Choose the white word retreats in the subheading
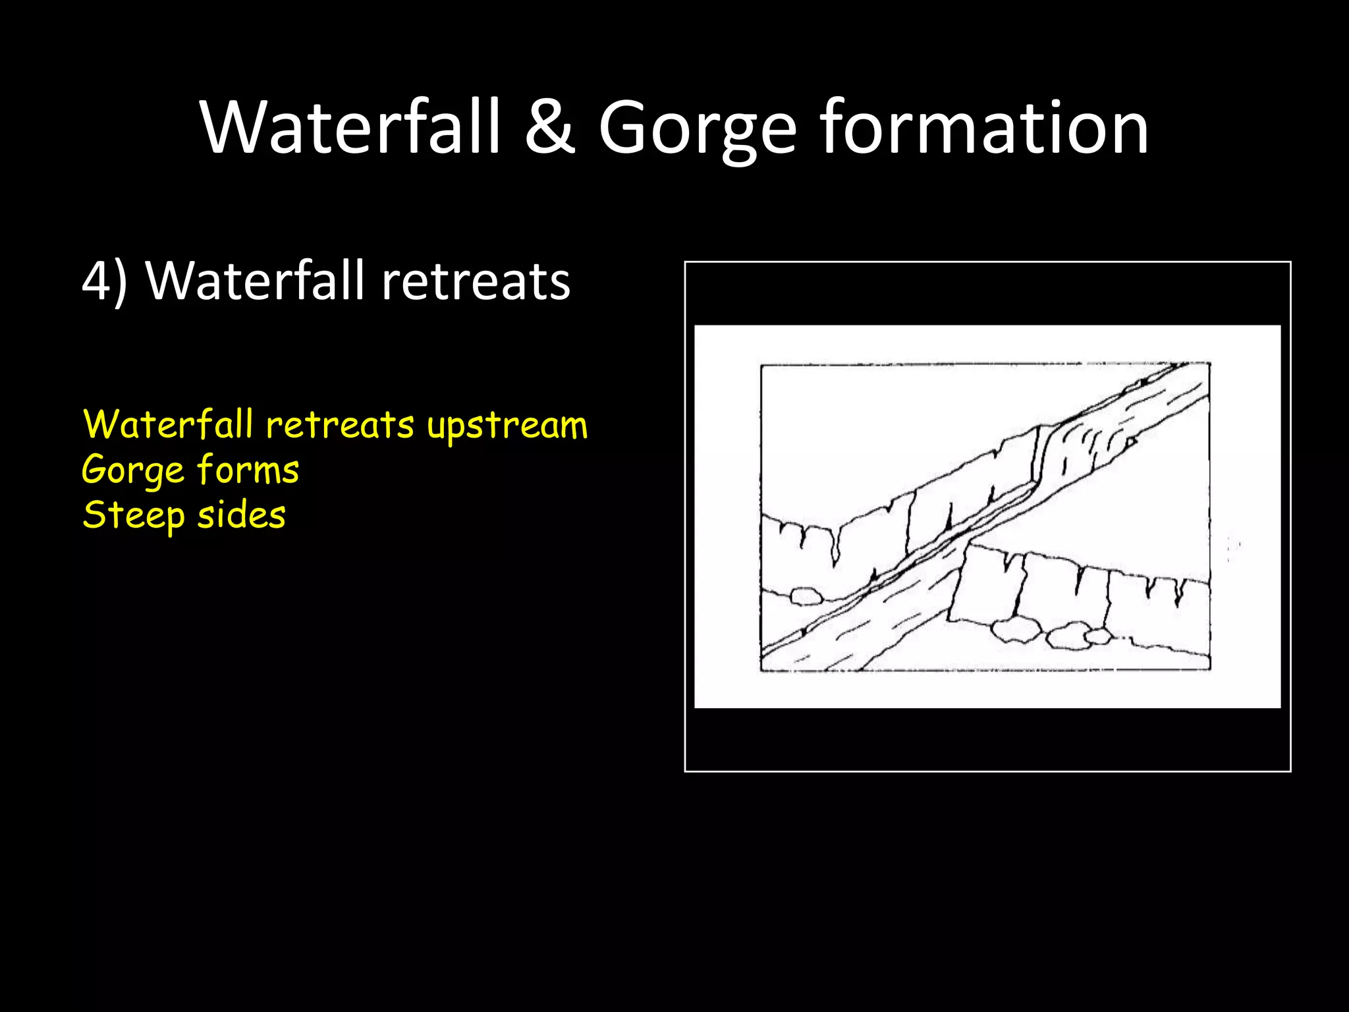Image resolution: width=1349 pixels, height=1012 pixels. pos(476,282)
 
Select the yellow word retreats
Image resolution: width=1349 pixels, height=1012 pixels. pos(340,425)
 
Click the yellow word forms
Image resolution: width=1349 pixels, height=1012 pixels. pos(248,470)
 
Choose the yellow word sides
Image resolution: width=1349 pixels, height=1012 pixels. pos(241,515)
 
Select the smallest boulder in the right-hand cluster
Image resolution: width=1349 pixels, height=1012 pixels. pos(1098,636)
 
